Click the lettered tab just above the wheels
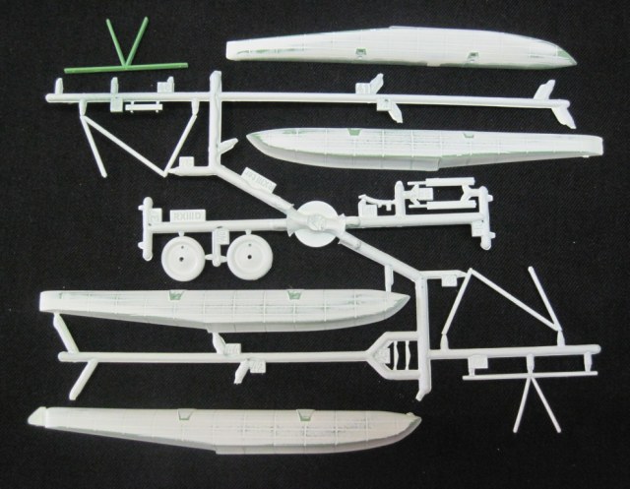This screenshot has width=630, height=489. [186, 212]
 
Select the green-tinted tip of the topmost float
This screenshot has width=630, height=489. [566, 56]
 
